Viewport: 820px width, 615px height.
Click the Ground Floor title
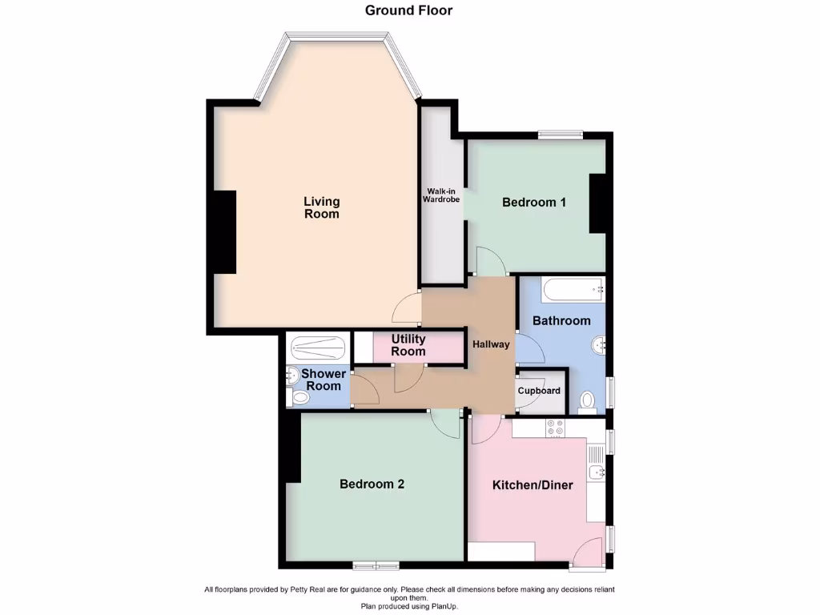point(408,10)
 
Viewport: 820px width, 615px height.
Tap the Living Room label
point(321,207)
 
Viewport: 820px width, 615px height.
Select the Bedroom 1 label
point(534,203)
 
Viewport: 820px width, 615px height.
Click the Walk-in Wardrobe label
point(441,195)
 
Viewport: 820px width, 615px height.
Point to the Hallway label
point(491,344)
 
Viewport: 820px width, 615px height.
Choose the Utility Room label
point(408,345)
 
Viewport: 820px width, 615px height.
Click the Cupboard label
point(539,391)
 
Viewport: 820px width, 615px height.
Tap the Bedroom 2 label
point(372,484)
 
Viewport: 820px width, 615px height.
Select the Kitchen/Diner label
point(533,484)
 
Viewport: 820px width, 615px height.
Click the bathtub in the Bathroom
point(572,289)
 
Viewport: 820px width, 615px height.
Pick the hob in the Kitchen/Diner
point(554,428)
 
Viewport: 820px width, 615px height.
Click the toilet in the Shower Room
point(299,397)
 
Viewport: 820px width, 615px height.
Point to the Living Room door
point(408,305)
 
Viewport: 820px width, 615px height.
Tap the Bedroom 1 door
point(490,261)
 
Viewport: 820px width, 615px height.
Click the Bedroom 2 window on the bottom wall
point(376,566)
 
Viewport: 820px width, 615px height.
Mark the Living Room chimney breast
point(222,232)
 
